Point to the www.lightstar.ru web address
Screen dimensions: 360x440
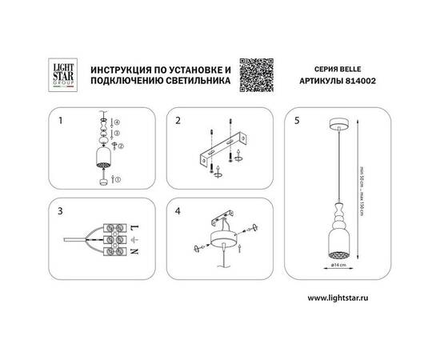coord(343,298)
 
